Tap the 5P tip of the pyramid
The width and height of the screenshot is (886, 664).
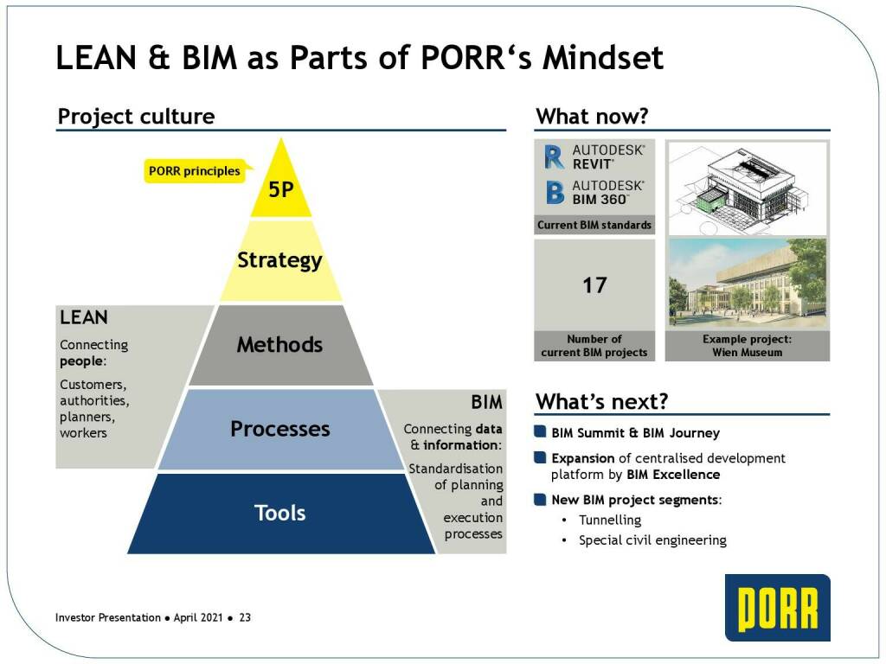coord(280,189)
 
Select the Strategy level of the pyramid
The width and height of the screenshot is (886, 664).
coord(279,260)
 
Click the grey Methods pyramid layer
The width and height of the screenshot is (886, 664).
coord(279,345)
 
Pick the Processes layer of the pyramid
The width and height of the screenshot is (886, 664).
coord(279,429)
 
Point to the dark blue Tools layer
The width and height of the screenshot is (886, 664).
coord(280,514)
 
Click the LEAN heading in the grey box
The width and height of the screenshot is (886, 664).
coord(84,318)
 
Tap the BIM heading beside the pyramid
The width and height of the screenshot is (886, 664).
coord(486,403)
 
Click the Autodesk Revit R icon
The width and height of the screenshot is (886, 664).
coord(554,157)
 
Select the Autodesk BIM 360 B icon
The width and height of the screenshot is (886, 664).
coord(555,192)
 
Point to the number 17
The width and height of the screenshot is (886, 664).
coord(594,285)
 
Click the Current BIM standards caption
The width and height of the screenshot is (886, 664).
coord(594,226)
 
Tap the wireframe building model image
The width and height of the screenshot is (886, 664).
coord(748,188)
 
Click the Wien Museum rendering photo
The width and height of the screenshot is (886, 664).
coord(748,284)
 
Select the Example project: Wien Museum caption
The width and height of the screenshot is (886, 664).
coord(748,346)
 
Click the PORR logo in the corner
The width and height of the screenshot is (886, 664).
coord(777,607)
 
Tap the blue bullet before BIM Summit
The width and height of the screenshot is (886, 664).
coord(540,432)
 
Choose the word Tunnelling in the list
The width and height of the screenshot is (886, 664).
coord(610,520)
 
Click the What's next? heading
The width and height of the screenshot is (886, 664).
coord(601,402)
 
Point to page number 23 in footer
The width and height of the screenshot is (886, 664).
coord(245,618)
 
